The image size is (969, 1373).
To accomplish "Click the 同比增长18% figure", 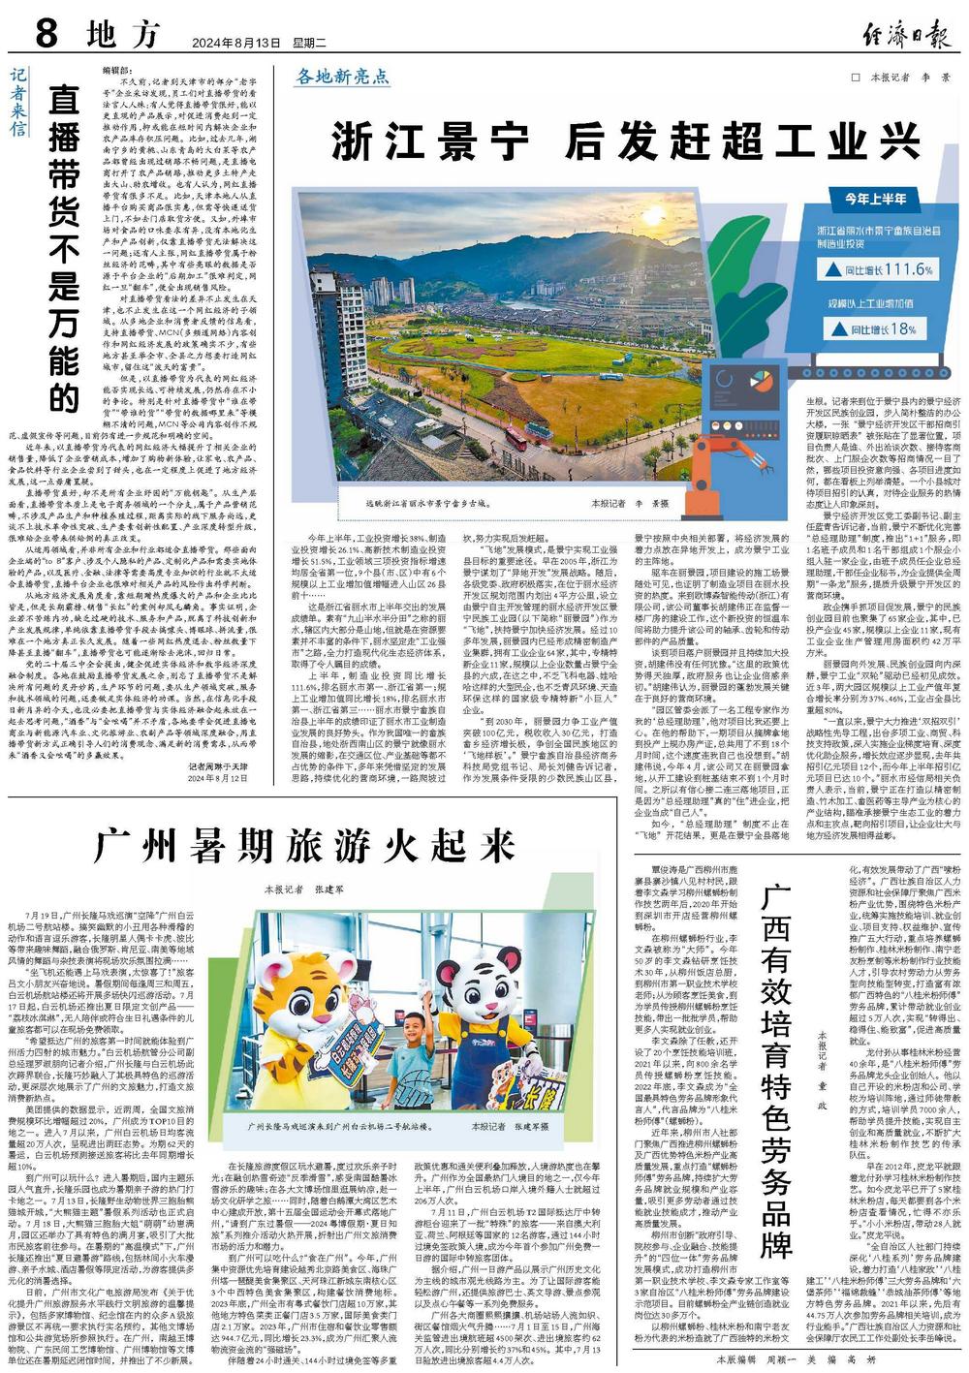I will click(x=882, y=328).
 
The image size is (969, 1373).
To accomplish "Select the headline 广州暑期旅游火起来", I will click(x=304, y=845).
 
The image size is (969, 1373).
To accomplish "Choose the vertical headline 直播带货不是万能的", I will click(x=64, y=247).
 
